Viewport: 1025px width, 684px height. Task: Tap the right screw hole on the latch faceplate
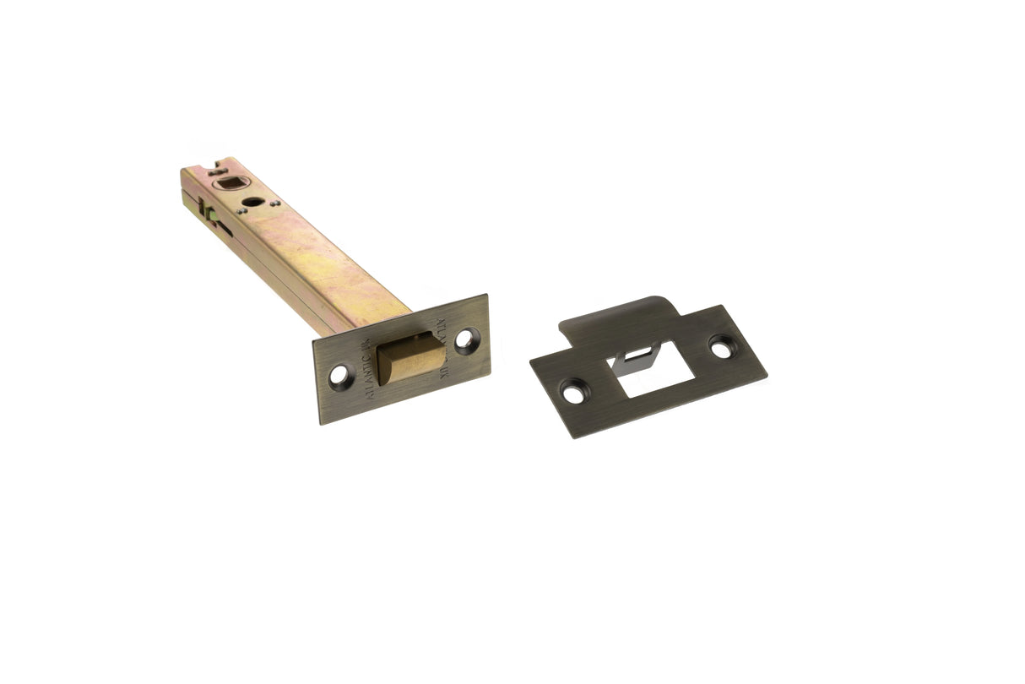pos(465,340)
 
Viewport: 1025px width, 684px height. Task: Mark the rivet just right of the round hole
pos(272,203)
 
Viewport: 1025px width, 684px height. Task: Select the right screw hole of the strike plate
pos(721,345)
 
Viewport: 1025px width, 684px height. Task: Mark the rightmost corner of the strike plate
pos(766,369)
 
